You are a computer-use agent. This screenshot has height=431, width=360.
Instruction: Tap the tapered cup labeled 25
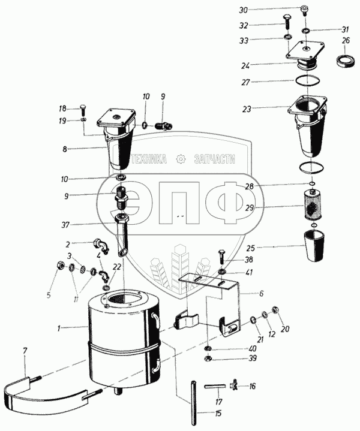[315, 246]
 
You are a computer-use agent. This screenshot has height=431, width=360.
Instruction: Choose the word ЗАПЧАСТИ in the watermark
[214, 159]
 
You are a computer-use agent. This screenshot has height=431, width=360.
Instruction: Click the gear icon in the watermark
[179, 159]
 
